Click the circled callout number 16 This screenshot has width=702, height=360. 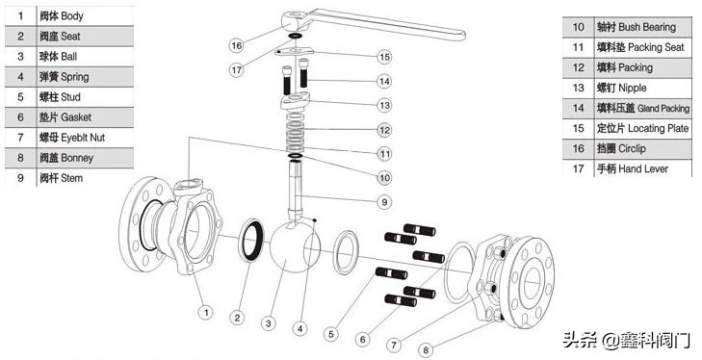click(236, 45)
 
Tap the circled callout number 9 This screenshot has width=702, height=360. click(384, 202)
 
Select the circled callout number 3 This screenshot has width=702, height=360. click(268, 323)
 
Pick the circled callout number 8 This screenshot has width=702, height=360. click(426, 350)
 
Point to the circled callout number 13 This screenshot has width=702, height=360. click(384, 105)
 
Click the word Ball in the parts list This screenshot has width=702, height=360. click(69, 57)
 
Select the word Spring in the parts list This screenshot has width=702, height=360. click(75, 77)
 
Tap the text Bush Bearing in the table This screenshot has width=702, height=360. click(647, 27)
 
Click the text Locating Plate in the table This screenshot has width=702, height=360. click(658, 129)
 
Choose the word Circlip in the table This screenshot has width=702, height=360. click(632, 148)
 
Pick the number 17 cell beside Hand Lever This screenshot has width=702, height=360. click(578, 168)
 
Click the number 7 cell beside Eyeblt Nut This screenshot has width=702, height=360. click(20, 138)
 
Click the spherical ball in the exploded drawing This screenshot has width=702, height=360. click(295, 246)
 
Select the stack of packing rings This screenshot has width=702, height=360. click(295, 133)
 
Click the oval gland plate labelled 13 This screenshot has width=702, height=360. click(295, 101)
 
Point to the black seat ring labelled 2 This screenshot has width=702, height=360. click(251, 240)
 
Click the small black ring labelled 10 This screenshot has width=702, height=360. click(295, 156)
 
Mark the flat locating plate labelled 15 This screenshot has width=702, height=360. click(294, 52)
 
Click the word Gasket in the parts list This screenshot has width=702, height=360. click(76, 117)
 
